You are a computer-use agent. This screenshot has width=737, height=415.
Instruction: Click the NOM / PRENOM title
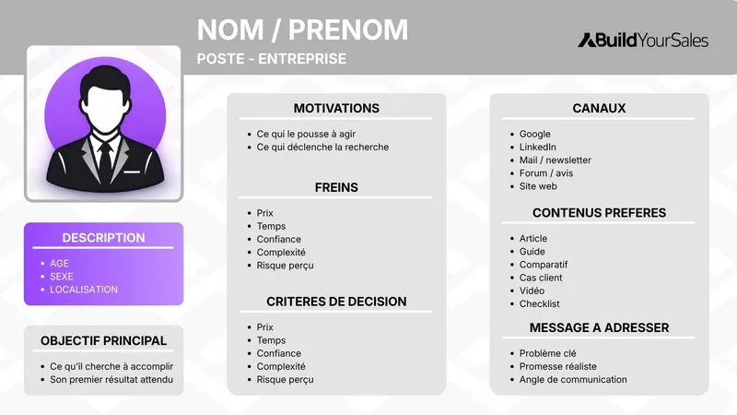coord(302,30)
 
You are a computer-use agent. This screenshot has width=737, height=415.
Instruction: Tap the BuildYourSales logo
coord(643,40)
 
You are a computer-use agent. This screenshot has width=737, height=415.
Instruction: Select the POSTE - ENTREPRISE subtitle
coord(272,59)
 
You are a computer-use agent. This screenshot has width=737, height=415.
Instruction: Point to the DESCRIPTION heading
coord(103,238)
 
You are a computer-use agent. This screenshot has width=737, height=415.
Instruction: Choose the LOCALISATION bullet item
coord(84,290)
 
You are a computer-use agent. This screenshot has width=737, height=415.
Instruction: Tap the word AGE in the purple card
coord(60,264)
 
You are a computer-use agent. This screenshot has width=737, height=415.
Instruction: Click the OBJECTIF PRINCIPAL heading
coord(103,340)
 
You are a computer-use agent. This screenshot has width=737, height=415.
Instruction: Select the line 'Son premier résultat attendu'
coord(111,379)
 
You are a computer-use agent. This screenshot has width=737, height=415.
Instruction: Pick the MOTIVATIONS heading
coord(336,108)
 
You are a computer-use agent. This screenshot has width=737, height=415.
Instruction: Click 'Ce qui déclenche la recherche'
coord(322,147)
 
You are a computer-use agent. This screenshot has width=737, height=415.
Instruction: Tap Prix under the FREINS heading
coord(265,213)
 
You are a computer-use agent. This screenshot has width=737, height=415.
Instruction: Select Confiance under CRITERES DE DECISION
coord(278,353)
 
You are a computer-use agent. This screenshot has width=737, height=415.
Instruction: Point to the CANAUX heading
coord(599,108)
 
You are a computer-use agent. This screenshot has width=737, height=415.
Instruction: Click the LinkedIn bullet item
coord(538,147)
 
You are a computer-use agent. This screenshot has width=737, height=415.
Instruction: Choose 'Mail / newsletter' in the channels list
coord(555,160)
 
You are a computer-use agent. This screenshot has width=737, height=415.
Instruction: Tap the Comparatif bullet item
coord(544,264)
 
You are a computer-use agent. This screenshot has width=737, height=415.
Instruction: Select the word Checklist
coord(539,303)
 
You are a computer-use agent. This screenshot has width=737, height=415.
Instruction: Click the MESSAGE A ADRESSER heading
coord(599,327)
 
